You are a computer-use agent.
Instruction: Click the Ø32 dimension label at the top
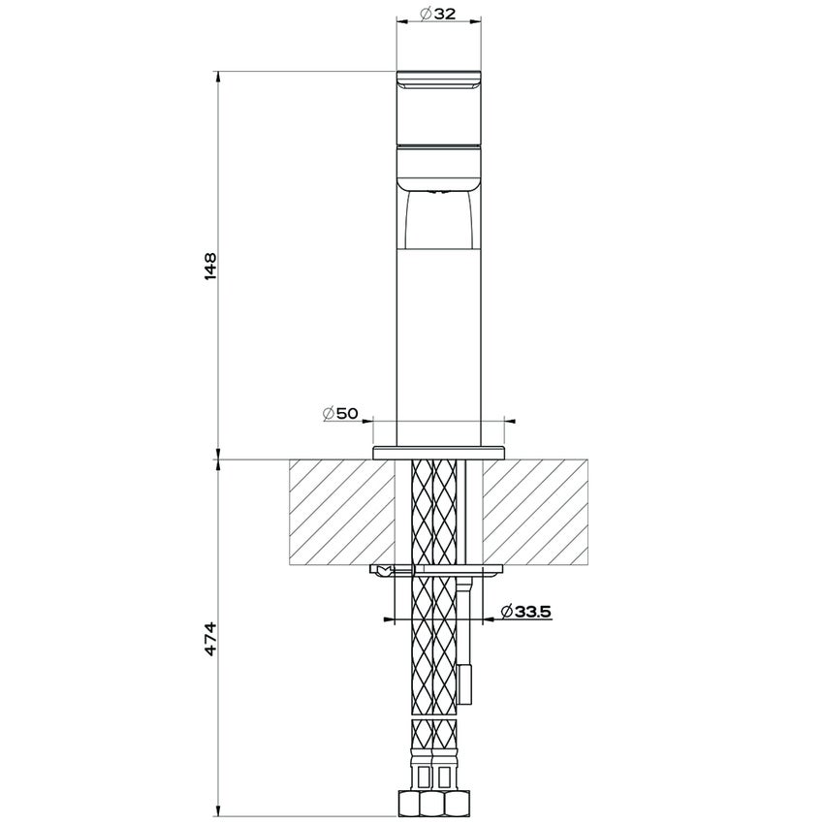tap(438, 14)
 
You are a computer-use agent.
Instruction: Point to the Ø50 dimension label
tap(340, 414)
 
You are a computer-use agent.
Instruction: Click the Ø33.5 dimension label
tap(525, 611)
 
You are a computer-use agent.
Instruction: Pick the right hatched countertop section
tap(536, 512)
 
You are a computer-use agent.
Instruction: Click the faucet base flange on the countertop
tap(438, 451)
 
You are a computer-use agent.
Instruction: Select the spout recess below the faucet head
tap(438, 218)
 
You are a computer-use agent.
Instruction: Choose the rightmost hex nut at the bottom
tap(463, 804)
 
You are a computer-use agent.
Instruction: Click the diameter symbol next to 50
tap(329, 414)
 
